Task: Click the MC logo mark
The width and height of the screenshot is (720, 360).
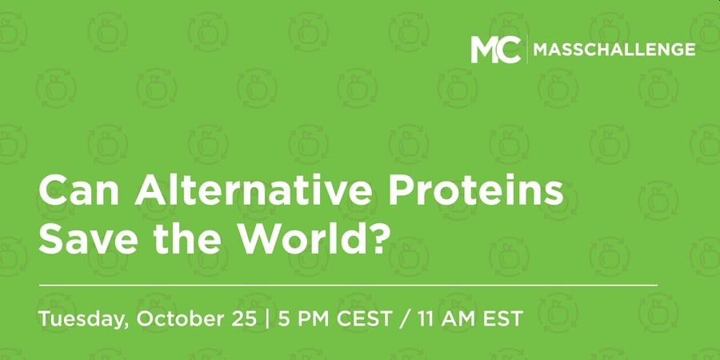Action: point(496,50)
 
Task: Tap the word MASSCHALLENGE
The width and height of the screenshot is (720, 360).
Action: point(614,50)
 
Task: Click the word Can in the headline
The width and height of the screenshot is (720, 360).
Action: point(79,191)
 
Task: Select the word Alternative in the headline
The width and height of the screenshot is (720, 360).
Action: point(253,191)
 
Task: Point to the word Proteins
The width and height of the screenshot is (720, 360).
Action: point(476,191)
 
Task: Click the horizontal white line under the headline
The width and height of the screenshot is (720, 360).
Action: point(348,285)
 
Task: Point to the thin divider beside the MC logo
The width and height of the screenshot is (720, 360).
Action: point(527,50)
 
